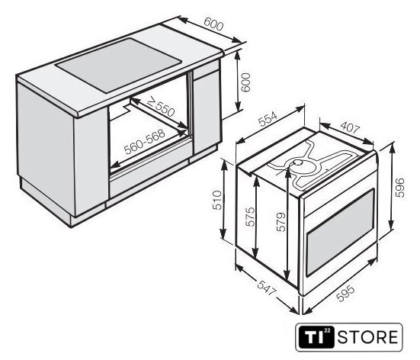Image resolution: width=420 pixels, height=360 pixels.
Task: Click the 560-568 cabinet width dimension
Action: [x=145, y=142]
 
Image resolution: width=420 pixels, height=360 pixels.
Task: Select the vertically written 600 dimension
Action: [x=245, y=82]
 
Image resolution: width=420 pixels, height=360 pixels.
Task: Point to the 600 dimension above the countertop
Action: [x=213, y=24]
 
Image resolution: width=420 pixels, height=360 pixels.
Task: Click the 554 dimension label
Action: [x=268, y=119]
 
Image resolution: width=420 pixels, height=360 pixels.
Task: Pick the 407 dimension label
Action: [x=350, y=127]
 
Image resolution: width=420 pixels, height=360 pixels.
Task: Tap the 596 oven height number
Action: [x=399, y=188]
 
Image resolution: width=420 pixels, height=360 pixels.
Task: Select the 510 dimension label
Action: [x=217, y=200]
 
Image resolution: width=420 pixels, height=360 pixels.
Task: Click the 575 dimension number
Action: [x=251, y=217]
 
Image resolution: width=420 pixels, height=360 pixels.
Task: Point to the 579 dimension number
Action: [x=281, y=222]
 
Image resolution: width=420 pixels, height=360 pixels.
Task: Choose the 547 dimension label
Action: [x=267, y=288]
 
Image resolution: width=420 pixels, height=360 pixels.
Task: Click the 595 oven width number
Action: [x=345, y=294]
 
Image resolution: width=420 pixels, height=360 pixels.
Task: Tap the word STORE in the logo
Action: [x=367, y=337]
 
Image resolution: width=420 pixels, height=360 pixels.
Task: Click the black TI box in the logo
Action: [x=316, y=337]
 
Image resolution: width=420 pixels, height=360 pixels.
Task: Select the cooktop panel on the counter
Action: [x=119, y=65]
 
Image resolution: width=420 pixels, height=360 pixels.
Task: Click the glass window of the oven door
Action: [x=340, y=233]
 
